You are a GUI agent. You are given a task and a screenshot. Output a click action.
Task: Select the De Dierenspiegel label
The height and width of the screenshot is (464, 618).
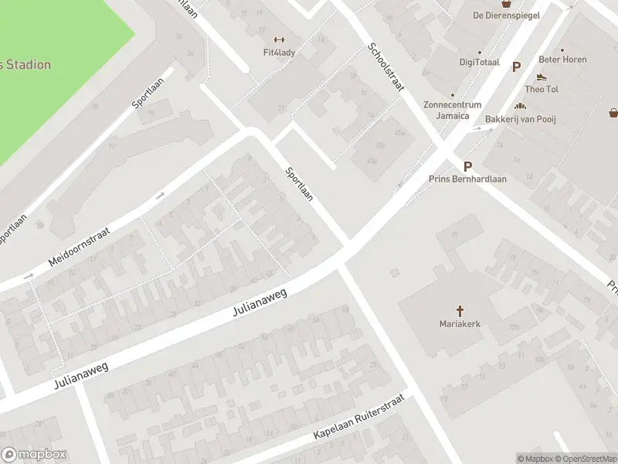click(506, 15)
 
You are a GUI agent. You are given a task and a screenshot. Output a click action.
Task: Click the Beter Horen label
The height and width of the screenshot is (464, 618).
click(562, 60)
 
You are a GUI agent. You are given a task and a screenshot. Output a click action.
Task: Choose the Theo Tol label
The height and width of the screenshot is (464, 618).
click(542, 89)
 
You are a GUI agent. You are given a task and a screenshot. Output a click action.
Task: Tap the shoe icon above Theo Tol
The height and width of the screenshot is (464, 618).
click(542, 77)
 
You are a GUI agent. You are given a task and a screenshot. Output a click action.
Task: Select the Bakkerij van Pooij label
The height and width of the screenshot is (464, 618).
click(521, 119)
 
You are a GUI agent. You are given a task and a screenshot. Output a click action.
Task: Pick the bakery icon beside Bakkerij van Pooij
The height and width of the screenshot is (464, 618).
click(521, 107)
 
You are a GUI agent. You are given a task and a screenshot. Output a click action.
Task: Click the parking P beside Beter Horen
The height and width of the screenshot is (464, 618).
click(516, 67)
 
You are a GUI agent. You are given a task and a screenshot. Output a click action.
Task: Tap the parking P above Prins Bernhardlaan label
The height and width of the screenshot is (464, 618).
click(467, 166)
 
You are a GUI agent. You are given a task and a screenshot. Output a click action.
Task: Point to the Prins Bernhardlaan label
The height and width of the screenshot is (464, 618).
click(467, 179)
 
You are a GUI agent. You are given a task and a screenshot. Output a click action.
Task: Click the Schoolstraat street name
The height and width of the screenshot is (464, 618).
click(386, 67)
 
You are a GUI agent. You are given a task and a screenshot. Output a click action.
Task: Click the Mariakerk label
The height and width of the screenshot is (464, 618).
click(460, 324)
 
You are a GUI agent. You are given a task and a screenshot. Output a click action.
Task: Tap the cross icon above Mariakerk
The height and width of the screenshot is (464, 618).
click(460, 311)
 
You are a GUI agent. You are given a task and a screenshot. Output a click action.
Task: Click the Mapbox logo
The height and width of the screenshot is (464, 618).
click(34, 455)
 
